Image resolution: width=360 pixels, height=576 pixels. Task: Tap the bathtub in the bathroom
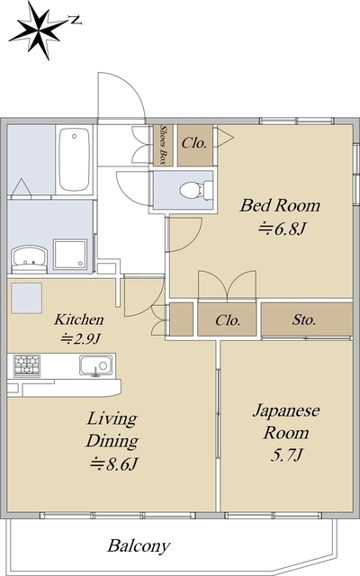74,159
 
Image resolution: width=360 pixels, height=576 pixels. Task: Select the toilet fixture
193,190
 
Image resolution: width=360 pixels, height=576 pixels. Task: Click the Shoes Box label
164,144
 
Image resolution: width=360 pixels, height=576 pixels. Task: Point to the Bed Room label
279,206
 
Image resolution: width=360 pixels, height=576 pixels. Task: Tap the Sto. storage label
304,319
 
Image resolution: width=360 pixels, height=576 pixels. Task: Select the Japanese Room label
284,420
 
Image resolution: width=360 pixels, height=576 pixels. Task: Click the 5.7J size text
284,458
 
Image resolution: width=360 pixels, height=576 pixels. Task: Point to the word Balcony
139,545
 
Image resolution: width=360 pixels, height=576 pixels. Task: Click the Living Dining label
112,430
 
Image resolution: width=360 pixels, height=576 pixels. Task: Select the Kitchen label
79,319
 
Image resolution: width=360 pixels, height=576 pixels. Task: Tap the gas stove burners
27,365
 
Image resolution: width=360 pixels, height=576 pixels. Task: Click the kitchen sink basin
94,365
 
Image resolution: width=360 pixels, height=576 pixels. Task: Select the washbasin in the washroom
28,258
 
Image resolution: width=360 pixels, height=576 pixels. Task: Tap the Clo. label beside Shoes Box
194,142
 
